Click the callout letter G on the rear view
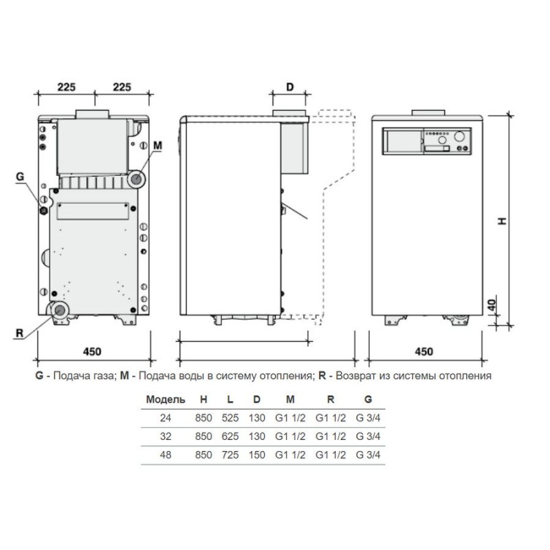pos(20,177)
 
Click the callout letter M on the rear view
pos(158,145)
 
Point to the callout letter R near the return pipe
pos(20,333)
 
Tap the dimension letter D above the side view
pos(289,87)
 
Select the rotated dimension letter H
pos(503,221)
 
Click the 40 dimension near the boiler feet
pos(492,305)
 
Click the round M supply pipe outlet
pos(136,179)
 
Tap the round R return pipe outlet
pos(59,311)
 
